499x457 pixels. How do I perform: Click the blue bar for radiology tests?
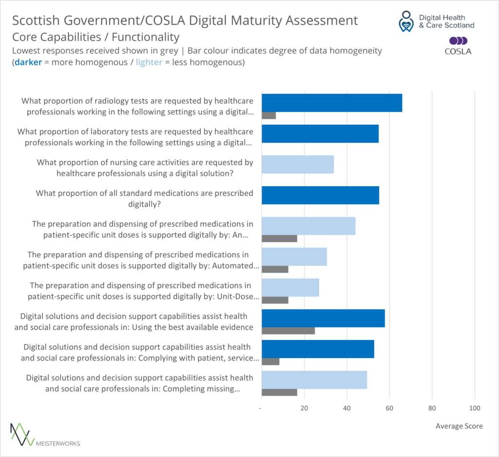(332, 103)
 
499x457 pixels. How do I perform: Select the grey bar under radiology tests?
(269, 115)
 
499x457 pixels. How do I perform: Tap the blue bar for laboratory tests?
(320, 133)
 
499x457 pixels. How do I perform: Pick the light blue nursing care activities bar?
(298, 165)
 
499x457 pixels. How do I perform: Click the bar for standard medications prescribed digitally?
(320, 195)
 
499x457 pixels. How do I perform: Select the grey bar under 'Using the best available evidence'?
(288, 331)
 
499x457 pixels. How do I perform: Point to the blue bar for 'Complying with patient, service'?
(318, 349)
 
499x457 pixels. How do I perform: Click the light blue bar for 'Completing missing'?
(314, 380)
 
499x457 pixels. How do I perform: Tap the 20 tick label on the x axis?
(304, 408)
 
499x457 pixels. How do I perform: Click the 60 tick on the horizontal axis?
(389, 408)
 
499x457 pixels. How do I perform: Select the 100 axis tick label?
(474, 408)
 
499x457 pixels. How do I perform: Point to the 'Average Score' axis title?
(459, 426)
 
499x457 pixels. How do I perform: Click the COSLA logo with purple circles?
(458, 45)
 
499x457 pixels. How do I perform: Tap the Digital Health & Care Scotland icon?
(404, 22)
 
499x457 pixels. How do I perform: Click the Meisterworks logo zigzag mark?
(21, 434)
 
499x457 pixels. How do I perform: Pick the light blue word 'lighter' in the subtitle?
(149, 62)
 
